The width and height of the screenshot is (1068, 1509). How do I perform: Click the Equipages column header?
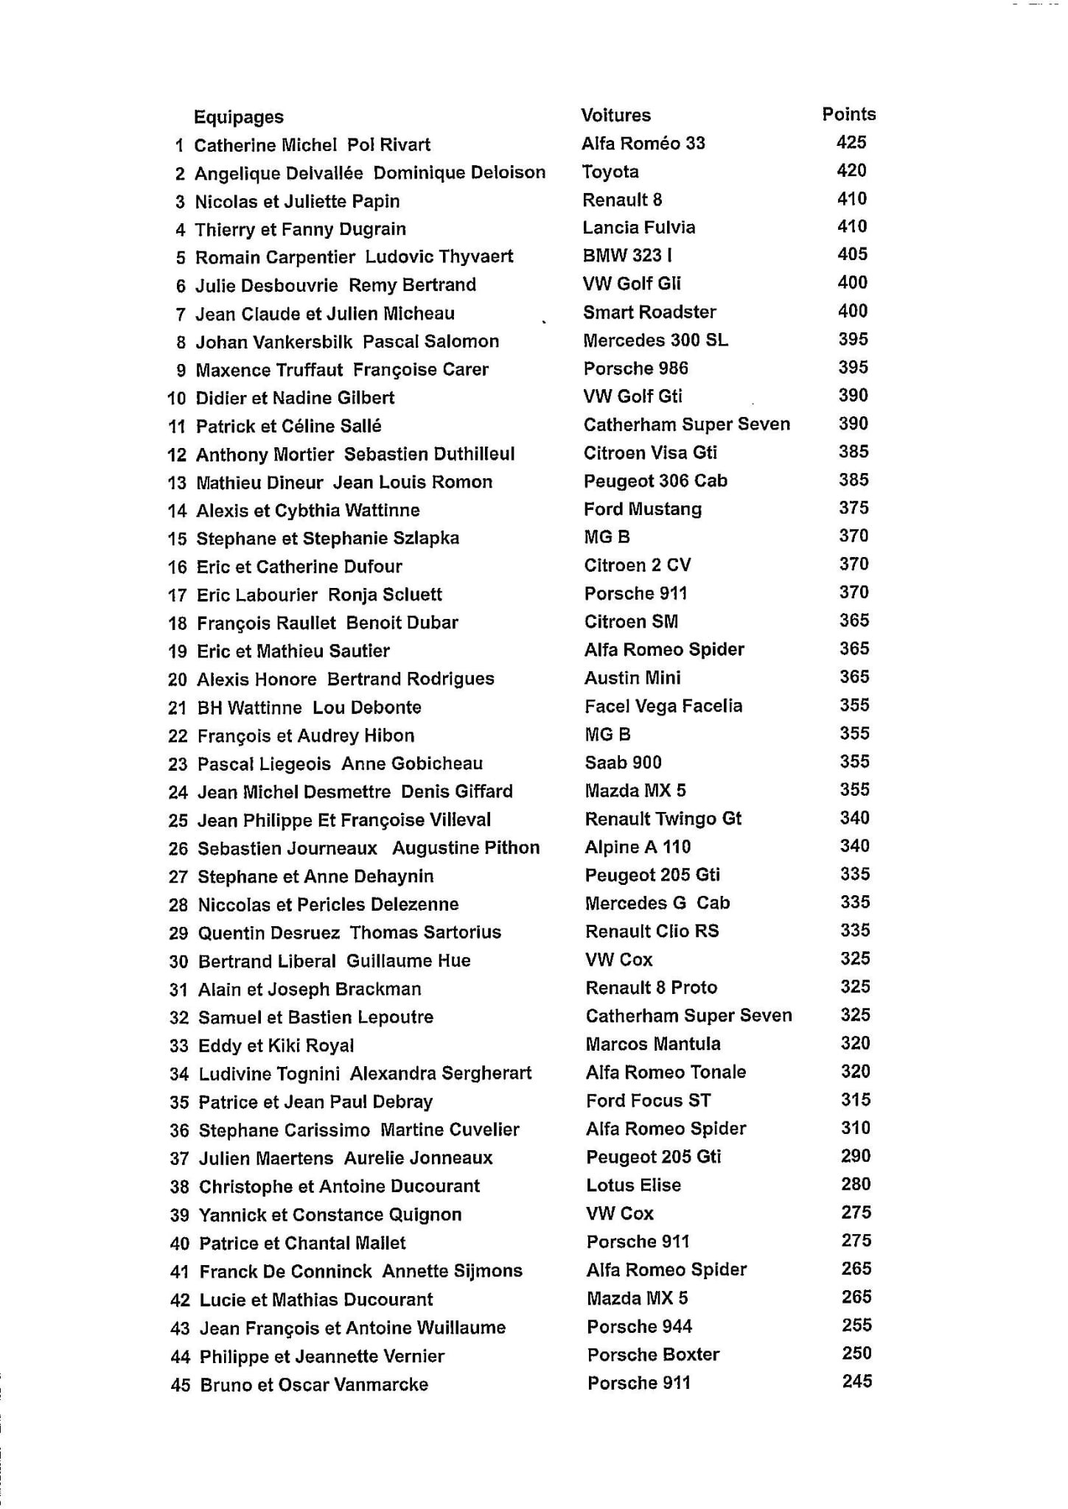pos(238,117)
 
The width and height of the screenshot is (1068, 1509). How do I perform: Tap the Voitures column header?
pos(615,115)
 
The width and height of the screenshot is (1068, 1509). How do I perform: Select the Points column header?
pos(848,114)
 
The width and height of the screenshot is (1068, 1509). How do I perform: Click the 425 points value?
pos(851,142)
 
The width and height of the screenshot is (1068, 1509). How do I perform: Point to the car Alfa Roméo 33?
pos(643,143)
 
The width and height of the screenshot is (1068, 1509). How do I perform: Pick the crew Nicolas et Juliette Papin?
pos(297,201)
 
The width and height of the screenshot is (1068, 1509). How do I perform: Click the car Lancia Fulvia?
pos(638,227)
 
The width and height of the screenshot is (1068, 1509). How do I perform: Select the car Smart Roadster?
pos(649,312)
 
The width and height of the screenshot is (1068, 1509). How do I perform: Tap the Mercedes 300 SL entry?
pos(655,340)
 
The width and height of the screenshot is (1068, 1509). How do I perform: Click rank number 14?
pos(177,511)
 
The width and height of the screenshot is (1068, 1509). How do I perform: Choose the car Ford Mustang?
pos(643,509)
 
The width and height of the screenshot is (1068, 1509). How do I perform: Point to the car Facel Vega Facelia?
pos(663,706)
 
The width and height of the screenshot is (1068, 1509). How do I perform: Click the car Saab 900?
pos(623,763)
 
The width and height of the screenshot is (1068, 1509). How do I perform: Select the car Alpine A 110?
pos(638,847)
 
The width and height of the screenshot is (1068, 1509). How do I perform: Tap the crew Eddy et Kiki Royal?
pos(276,1046)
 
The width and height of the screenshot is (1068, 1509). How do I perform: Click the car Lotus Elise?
pos(633,1185)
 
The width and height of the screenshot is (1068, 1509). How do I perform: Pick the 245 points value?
pos(856,1381)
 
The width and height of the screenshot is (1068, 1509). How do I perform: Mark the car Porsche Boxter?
pos(653,1354)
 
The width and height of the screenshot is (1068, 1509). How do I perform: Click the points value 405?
pos(852,254)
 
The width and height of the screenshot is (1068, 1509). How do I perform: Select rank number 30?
pos(178,962)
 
